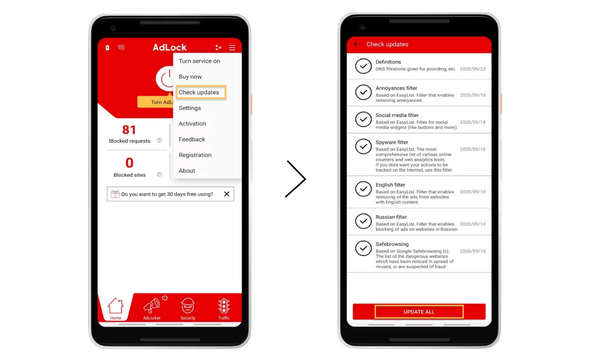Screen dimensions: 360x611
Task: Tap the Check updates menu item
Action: click(199, 93)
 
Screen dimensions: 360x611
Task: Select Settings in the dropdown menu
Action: click(189, 108)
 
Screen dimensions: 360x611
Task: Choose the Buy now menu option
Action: click(190, 77)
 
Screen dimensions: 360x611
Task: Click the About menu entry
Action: click(187, 171)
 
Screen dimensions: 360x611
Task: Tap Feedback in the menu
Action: click(192, 139)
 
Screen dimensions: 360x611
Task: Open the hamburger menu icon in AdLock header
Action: click(232, 48)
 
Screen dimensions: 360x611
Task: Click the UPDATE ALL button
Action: click(419, 311)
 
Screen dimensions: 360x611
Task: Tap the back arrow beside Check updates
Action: click(357, 45)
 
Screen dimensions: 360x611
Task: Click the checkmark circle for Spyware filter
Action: click(364, 146)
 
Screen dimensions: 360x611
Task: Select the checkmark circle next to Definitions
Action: click(364, 66)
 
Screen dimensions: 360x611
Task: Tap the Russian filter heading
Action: click(391, 217)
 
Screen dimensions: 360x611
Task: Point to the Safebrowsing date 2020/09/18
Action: click(473, 251)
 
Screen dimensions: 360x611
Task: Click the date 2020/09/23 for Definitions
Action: click(473, 69)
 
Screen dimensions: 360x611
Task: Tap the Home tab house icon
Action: click(116, 306)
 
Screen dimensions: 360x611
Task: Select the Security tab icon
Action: click(188, 306)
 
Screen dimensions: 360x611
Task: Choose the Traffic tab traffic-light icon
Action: click(224, 306)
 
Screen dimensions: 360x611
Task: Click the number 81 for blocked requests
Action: click(129, 130)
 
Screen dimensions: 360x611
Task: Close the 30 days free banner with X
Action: click(226, 194)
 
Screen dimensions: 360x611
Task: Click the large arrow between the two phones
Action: click(296, 179)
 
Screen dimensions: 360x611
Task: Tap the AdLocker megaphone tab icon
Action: click(152, 306)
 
